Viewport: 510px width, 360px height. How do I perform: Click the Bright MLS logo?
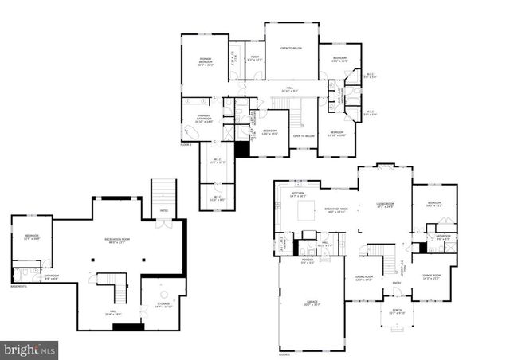[x=29, y=349]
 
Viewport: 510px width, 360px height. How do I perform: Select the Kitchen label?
[x=299, y=194]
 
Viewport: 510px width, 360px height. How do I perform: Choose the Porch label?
[x=396, y=312]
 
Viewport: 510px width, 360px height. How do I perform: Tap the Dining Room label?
[x=363, y=278]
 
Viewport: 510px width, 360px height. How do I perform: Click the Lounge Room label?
[x=432, y=278]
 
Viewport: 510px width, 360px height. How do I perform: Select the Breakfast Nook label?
[x=335, y=210]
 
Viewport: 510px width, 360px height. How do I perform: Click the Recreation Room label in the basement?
[x=118, y=241]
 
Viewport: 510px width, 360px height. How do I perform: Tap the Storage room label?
[x=163, y=305]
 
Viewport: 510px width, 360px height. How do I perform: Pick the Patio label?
[x=163, y=211]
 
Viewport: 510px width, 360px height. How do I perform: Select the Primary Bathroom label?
[x=204, y=120]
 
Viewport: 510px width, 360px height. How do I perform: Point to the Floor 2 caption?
[x=186, y=144]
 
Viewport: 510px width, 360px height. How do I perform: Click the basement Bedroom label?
[x=32, y=237]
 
